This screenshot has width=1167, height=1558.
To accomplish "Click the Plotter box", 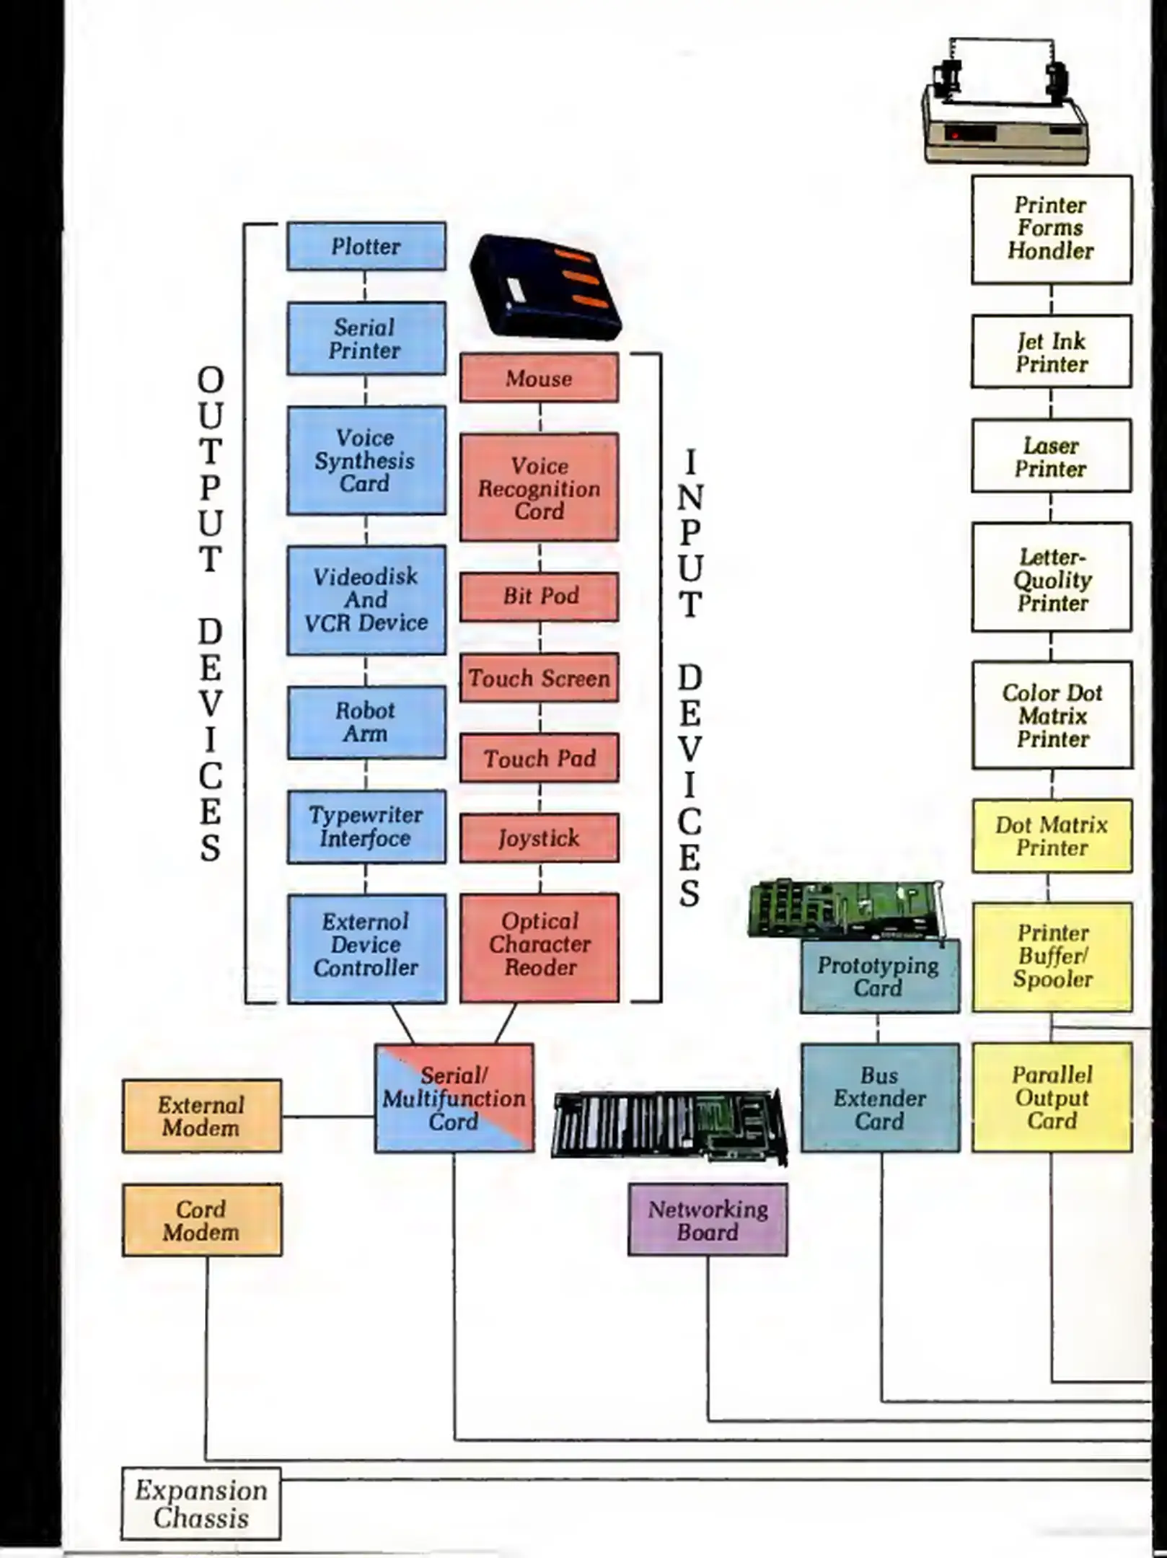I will (366, 247).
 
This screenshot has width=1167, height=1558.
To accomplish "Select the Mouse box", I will (540, 378).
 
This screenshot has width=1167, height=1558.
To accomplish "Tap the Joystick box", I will (540, 838).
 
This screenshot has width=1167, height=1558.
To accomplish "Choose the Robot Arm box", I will (366, 722).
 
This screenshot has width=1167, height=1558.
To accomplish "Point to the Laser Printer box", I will (1051, 457).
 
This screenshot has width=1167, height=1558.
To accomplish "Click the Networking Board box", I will (708, 1220).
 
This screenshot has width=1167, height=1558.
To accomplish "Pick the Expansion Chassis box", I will (201, 1504).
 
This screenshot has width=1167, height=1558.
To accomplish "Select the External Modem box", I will (201, 1116).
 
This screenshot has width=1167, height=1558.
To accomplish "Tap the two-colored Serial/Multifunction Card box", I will (454, 1098).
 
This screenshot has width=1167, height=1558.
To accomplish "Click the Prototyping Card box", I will (879, 976).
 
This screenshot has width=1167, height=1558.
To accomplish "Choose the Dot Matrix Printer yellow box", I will (1052, 836).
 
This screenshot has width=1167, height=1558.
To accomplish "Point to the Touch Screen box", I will (540, 678).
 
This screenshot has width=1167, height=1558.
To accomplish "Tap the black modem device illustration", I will (545, 287).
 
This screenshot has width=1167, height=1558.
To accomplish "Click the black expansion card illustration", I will (669, 1125).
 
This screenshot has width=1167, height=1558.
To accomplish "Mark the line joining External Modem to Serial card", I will (328, 1117).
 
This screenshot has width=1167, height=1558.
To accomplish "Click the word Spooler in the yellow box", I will (1052, 980).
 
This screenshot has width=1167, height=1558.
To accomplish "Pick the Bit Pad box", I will (540, 597).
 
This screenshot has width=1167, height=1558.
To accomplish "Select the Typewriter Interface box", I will (366, 827).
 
